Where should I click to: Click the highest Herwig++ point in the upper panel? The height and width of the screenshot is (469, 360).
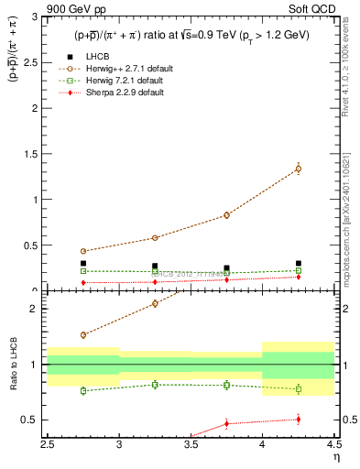point(298,169)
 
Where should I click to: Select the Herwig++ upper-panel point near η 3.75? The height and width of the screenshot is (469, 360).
point(226,215)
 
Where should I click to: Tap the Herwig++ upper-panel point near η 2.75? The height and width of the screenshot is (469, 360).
point(83,251)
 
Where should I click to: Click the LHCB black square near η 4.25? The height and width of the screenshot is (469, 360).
point(298,264)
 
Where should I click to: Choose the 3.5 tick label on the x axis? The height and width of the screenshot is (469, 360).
point(191,444)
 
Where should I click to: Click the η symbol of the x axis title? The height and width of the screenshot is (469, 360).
point(336,457)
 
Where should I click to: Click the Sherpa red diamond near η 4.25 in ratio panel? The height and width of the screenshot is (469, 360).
point(298,420)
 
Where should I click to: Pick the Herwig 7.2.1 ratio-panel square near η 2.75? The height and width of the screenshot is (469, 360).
point(83,390)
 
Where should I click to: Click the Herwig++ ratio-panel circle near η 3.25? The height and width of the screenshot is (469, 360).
point(155,303)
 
